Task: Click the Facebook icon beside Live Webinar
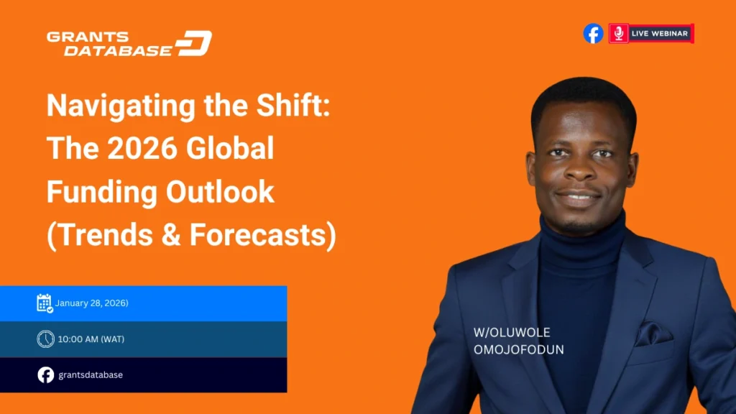tap(593, 33)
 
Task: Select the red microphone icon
tap(618, 33)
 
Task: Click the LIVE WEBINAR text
tap(659, 33)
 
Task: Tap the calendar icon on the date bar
tap(45, 303)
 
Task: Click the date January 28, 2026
tap(93, 303)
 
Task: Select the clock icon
tap(45, 339)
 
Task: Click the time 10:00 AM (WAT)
tap(91, 339)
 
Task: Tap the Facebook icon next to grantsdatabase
tap(45, 374)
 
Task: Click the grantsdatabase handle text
tap(90, 374)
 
